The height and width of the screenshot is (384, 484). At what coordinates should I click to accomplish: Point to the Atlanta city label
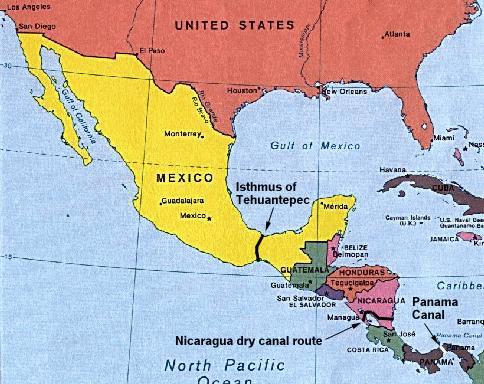tap(396, 35)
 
